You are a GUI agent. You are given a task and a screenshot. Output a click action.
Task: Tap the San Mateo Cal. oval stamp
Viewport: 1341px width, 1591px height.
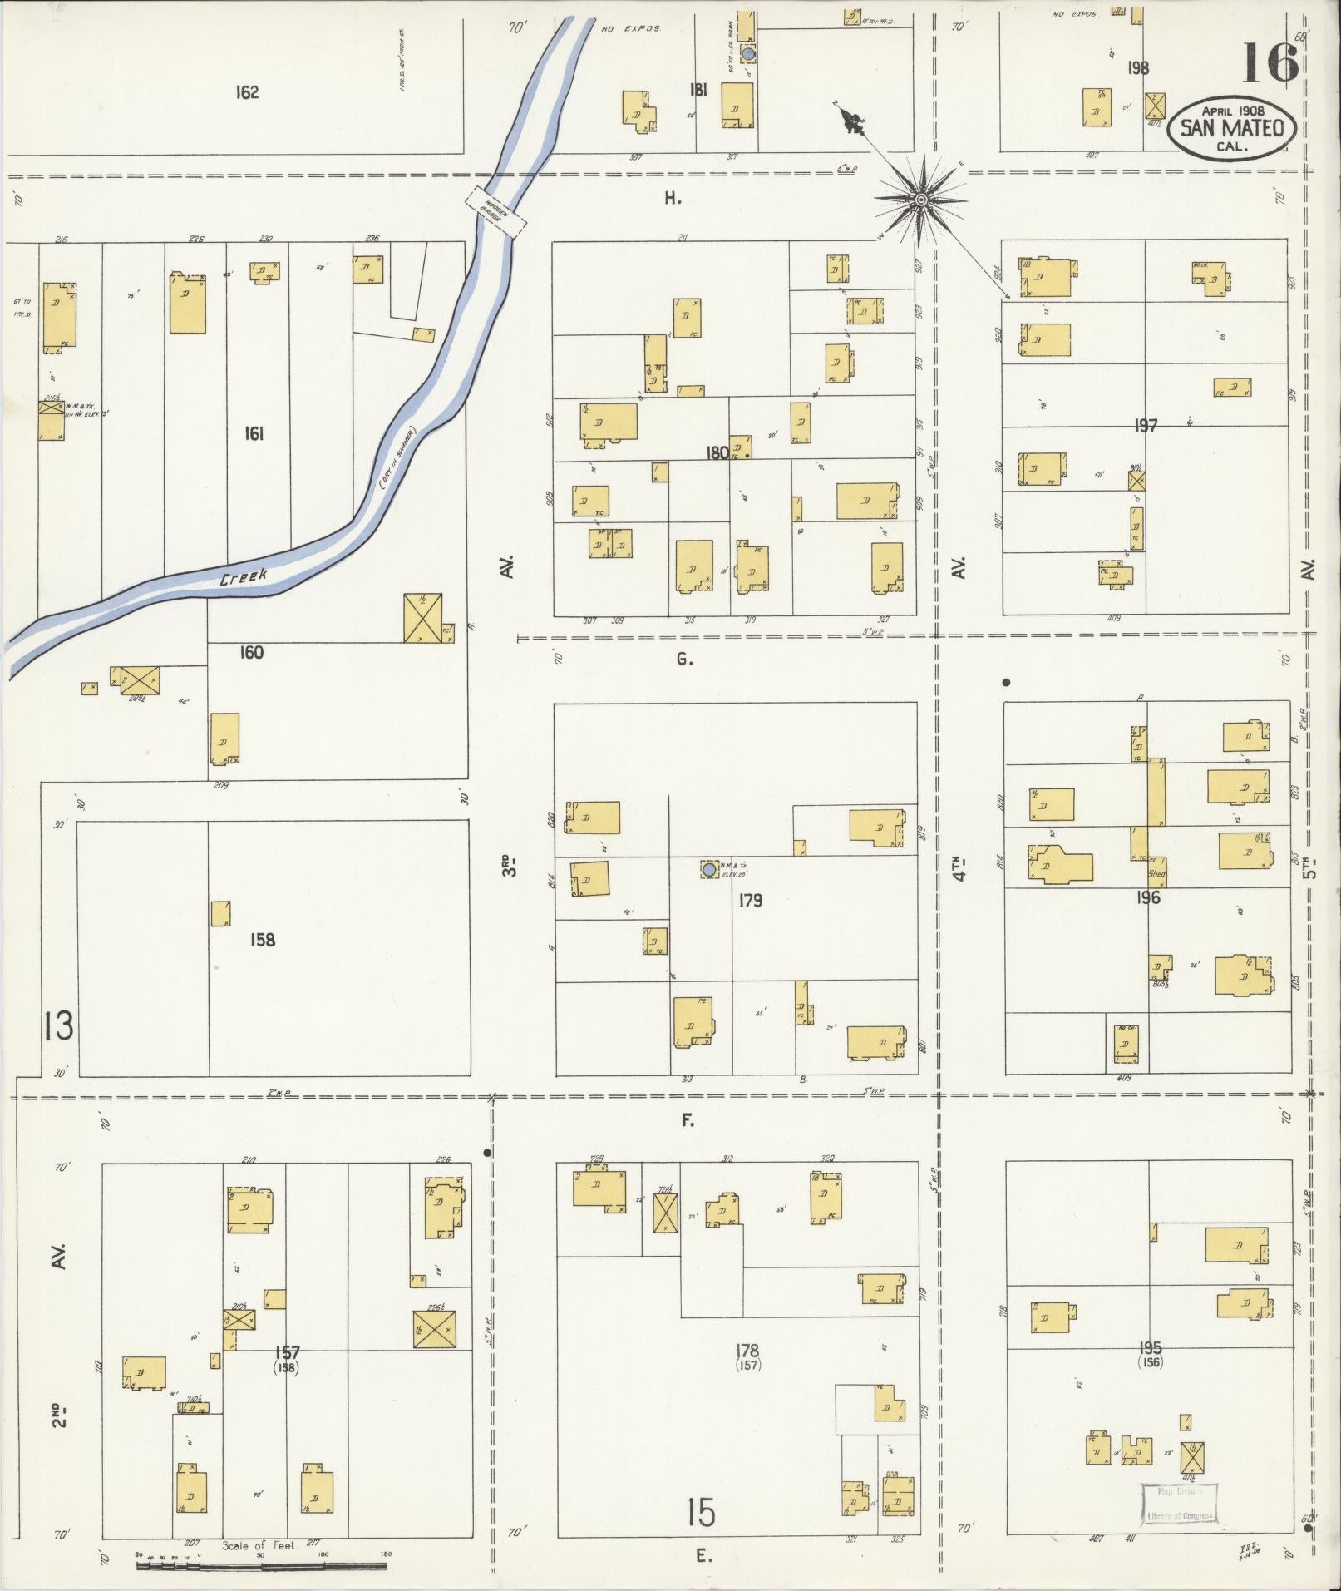(x=1231, y=129)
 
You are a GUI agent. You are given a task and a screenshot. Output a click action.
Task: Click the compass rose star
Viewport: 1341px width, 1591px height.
(x=921, y=200)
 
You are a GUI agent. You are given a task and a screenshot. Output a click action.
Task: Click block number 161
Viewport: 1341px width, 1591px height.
(x=254, y=433)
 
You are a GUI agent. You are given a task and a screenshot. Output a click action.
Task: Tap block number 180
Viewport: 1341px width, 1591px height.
(x=717, y=453)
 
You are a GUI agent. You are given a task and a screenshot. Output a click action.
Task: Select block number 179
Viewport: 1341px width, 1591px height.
(x=750, y=900)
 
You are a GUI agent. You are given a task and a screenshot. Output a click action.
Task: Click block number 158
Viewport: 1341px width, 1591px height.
(x=263, y=940)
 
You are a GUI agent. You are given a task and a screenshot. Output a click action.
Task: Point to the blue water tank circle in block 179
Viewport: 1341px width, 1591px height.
(x=708, y=870)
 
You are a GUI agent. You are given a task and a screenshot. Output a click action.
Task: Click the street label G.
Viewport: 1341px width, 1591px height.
(x=684, y=660)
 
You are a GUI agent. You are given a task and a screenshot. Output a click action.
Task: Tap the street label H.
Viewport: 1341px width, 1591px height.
(x=673, y=198)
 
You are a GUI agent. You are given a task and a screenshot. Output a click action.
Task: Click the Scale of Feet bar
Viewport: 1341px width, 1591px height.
(x=262, y=1566)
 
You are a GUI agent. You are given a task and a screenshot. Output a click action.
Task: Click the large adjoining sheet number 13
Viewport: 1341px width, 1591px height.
(x=58, y=1026)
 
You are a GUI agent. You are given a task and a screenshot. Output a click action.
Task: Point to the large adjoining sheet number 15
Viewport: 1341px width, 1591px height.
(x=701, y=1512)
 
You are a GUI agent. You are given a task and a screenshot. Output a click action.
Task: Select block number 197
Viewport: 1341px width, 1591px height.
(x=1146, y=426)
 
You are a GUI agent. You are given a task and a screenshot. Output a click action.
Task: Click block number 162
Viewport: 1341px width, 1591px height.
(x=247, y=92)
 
